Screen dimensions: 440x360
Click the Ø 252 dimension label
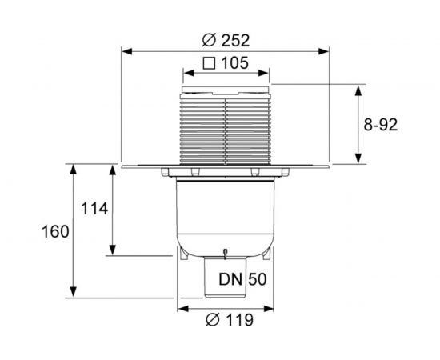point(226,41)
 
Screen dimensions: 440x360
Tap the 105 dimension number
point(235,63)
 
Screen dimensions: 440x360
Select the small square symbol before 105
point(210,63)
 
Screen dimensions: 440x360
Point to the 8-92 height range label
point(381,125)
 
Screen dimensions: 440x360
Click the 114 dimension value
point(94,209)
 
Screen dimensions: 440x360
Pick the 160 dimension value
point(55,232)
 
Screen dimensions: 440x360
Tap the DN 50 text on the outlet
point(242,279)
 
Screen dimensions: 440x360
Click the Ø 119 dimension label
point(230,320)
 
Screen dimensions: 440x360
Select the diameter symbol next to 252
point(209,41)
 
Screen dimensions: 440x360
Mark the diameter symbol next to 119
point(213,320)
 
